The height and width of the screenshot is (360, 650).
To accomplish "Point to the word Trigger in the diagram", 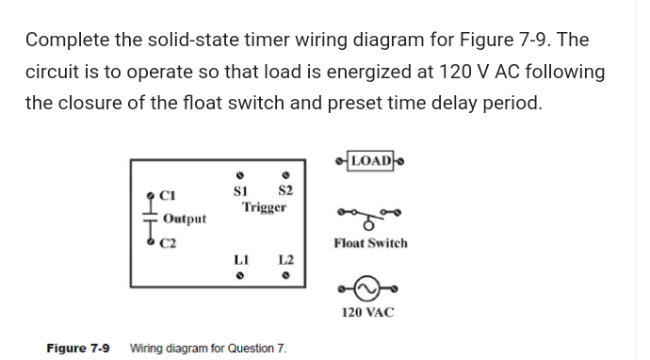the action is (264, 206).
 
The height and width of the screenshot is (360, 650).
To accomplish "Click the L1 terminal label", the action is (240, 259).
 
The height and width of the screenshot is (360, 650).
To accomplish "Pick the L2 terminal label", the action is (286, 259).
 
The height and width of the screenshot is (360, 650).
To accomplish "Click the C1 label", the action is (168, 197).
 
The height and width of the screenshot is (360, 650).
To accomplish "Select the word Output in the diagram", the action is (185, 219).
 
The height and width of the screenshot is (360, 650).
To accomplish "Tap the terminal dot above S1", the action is (240, 174).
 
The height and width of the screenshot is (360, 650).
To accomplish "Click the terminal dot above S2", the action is (284, 174).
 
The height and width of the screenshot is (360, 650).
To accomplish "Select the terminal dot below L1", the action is (240, 277).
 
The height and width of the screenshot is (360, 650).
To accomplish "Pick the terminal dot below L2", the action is (285, 277).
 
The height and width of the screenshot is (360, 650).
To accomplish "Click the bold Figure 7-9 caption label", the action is (77, 349).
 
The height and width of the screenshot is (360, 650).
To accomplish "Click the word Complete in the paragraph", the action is (71, 41).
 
